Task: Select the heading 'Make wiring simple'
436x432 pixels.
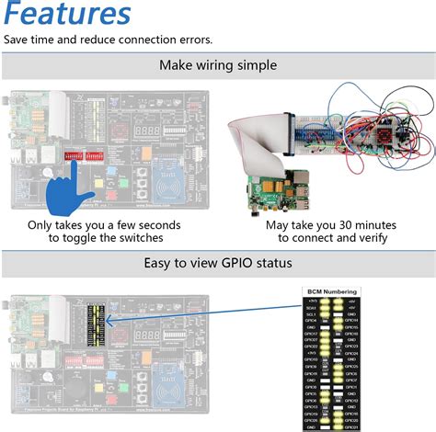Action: coord(217,65)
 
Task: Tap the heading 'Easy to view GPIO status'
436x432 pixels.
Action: coord(218,264)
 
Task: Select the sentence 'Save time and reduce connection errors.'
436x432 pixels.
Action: coord(108,40)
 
